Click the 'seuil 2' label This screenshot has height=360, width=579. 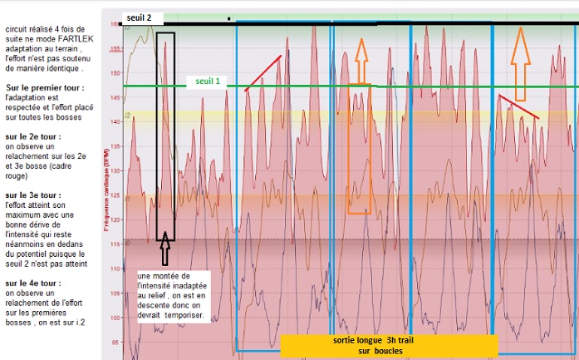138,17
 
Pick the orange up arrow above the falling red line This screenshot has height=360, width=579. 521,55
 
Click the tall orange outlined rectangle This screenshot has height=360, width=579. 359,149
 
